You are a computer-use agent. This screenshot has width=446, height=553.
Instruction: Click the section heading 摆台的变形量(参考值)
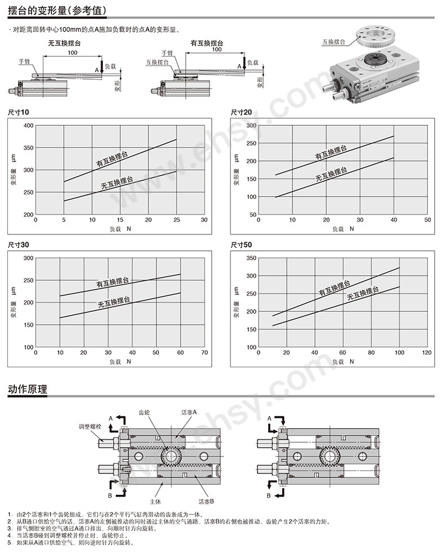click(x=58, y=11)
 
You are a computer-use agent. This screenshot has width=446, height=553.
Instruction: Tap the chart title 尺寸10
click(x=18, y=112)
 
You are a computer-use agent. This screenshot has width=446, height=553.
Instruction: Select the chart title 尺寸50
click(x=241, y=245)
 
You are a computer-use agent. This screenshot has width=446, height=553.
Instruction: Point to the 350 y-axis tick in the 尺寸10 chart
click(x=29, y=148)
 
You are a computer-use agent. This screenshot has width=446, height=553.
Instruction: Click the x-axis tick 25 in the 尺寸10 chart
click(x=177, y=220)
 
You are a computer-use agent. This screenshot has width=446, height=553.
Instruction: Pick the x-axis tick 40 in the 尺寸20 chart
click(x=394, y=220)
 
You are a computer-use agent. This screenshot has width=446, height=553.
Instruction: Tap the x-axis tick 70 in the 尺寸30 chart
click(x=204, y=352)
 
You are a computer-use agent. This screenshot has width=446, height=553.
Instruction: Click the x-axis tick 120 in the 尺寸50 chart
click(x=427, y=352)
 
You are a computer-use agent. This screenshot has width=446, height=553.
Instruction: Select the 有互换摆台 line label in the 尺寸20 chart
click(x=331, y=153)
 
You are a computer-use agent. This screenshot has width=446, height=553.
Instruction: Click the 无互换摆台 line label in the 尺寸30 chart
click(x=114, y=302)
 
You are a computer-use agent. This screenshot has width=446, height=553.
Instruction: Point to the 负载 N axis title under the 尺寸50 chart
click(x=343, y=362)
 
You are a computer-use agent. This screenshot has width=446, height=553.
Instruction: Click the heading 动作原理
click(x=28, y=389)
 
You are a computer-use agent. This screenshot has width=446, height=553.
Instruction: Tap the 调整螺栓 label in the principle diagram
click(x=90, y=426)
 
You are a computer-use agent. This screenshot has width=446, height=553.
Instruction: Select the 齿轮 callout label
click(x=144, y=412)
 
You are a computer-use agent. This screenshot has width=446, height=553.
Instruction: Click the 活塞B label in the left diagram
click(x=206, y=501)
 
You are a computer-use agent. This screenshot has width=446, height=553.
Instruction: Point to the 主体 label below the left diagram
click(x=155, y=502)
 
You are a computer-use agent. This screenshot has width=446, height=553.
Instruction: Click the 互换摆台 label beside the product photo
click(x=334, y=42)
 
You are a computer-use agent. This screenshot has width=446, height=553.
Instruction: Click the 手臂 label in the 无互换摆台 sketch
click(x=24, y=62)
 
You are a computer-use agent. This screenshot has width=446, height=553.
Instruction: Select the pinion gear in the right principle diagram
click(x=331, y=456)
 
